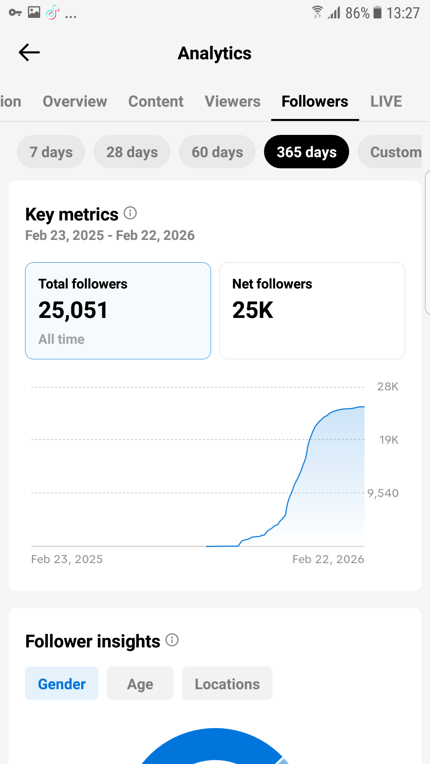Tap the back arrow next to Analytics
point(29,53)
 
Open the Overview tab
point(75,101)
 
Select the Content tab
point(156,101)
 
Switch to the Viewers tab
point(233,101)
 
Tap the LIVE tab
point(386,101)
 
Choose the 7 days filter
point(51,152)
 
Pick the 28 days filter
point(132,152)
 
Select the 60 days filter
point(217,152)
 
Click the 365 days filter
point(306,152)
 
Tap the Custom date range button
point(392,152)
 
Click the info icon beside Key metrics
point(130,213)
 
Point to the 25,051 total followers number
point(73,310)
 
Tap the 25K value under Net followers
point(253,310)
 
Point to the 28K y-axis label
point(387,386)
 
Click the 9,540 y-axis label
point(383,493)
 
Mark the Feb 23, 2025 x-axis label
point(67,559)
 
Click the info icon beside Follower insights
point(172,640)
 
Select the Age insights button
point(140,684)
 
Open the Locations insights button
point(227,684)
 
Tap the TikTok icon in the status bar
point(53,13)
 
